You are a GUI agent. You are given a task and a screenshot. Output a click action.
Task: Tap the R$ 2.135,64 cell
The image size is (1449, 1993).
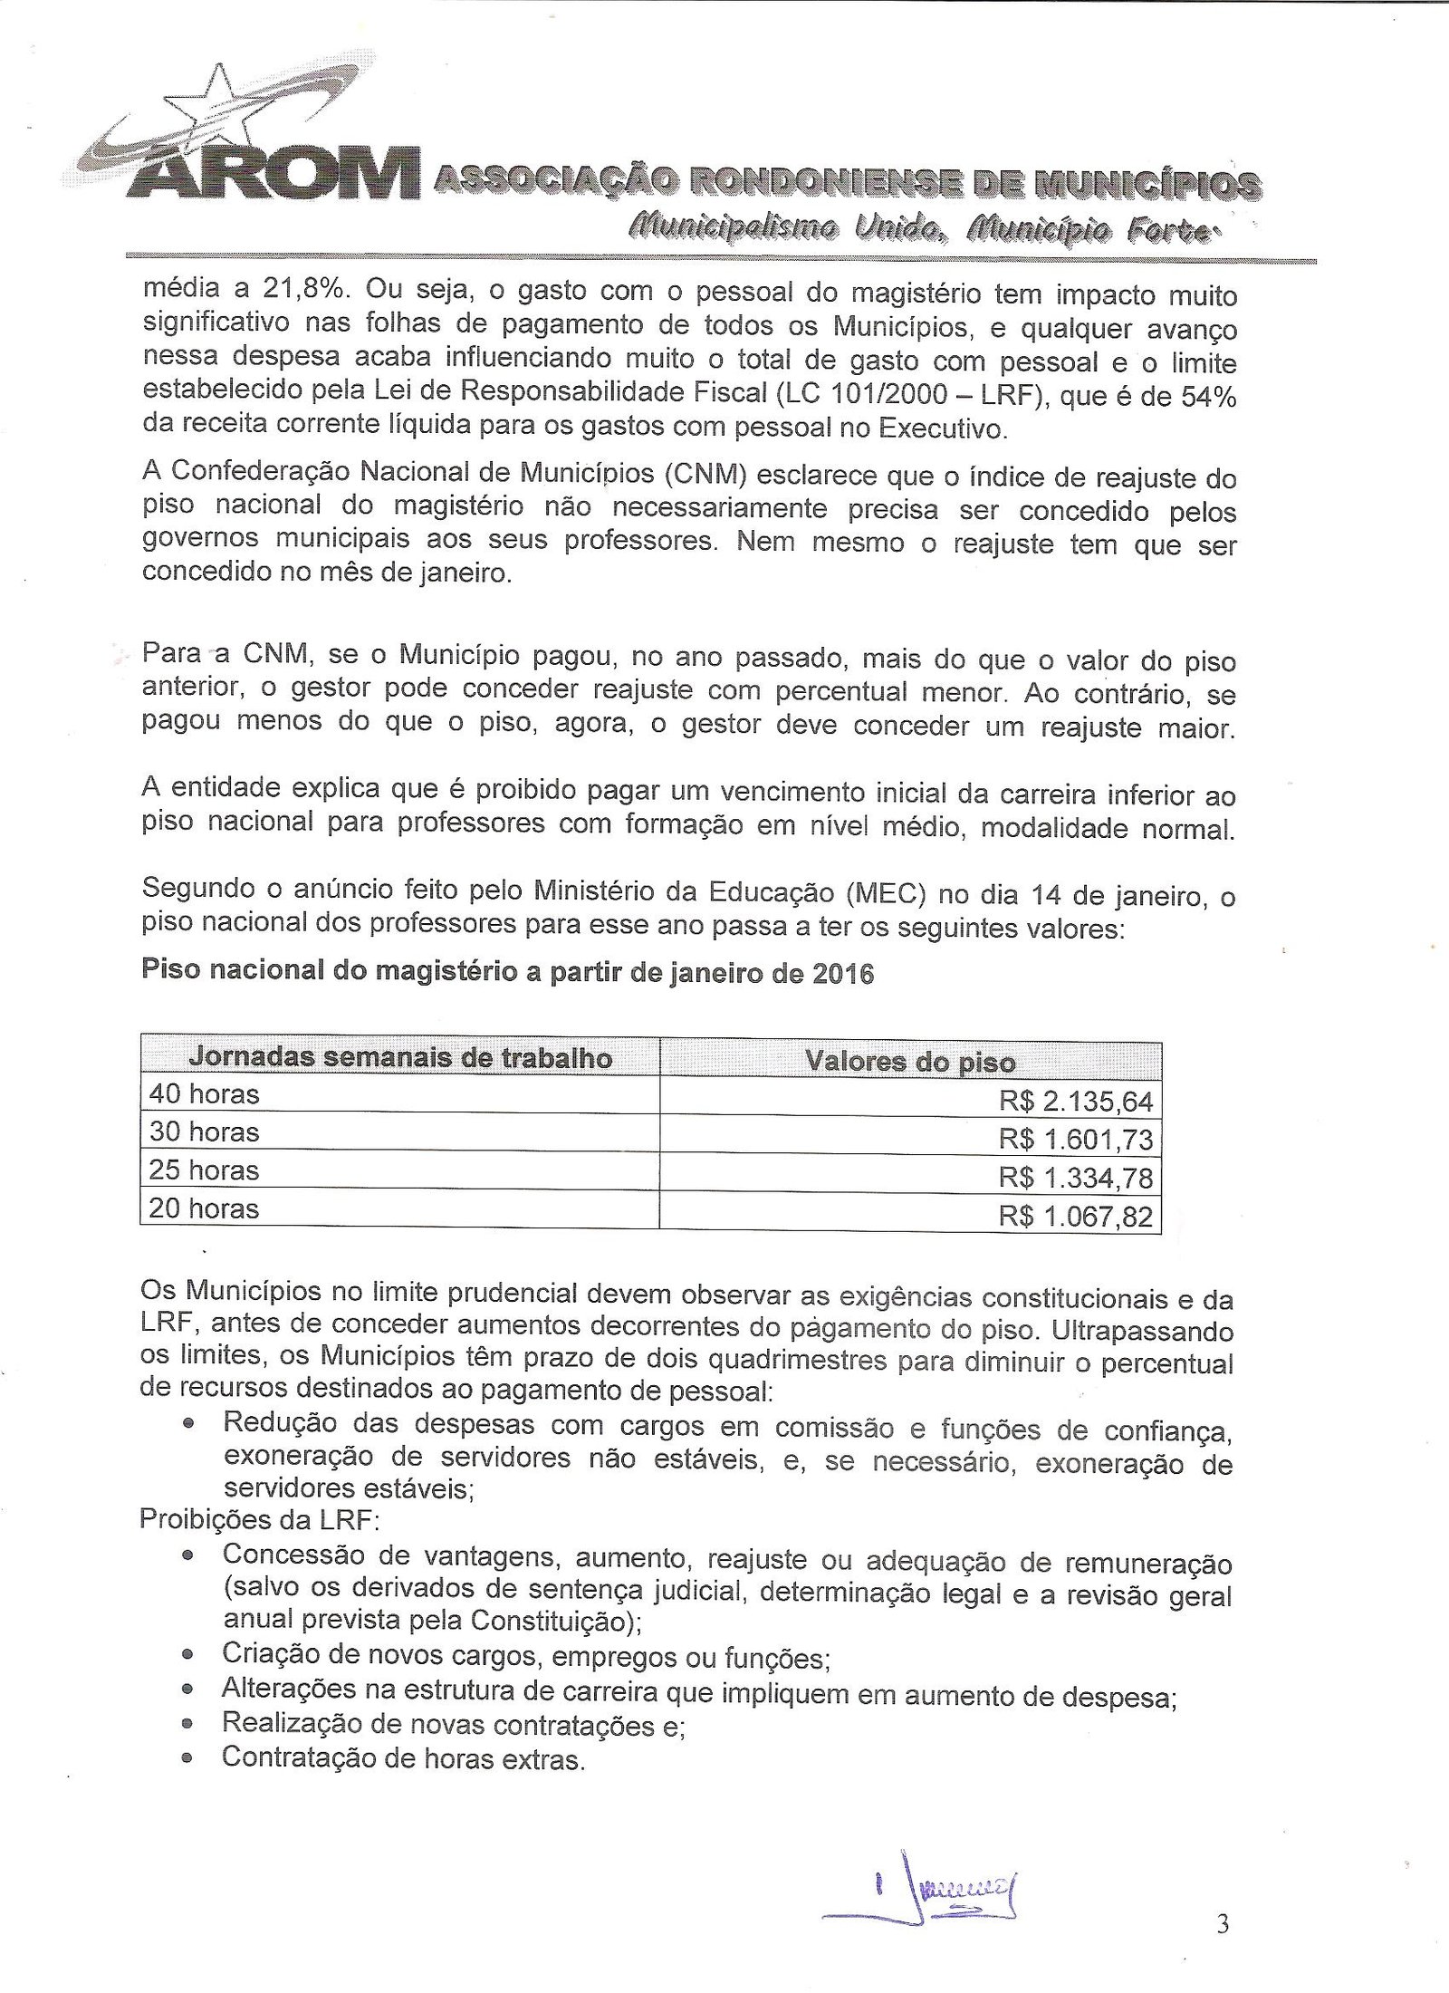click(1076, 1102)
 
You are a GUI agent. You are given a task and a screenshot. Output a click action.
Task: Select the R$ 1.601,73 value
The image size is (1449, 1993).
click(1076, 1140)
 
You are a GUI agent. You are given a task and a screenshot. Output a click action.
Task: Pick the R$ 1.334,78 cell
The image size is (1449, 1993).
click(1076, 1178)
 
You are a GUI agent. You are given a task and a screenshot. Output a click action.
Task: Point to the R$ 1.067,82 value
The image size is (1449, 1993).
click(1076, 1216)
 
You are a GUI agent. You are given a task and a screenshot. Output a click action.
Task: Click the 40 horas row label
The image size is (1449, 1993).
click(205, 1094)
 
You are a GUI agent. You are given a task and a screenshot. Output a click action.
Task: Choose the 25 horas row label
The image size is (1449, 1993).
click(205, 1170)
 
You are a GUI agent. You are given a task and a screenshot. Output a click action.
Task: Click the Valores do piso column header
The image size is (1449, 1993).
click(910, 1062)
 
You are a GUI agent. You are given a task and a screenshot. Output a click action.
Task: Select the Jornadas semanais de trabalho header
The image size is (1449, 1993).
click(399, 1058)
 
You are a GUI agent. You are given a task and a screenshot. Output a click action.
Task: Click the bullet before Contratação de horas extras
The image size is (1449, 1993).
click(187, 1759)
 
